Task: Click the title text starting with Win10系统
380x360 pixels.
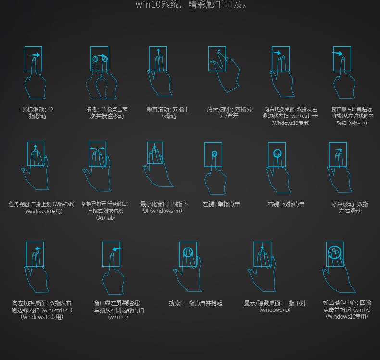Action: tap(191, 5)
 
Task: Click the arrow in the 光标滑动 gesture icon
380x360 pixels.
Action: tap(35, 55)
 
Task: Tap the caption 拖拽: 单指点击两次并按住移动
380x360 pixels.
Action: tap(107, 113)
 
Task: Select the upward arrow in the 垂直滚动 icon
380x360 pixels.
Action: tap(158, 52)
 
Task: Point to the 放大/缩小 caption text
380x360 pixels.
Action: tap(229, 112)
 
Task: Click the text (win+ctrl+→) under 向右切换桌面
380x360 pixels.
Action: tap(304, 116)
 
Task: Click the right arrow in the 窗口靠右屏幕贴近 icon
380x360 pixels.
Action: tap(337, 53)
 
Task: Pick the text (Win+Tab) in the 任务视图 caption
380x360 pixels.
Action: tap(63, 204)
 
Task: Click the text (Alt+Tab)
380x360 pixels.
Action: tap(105, 218)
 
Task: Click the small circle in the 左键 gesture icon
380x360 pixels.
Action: tap(214, 154)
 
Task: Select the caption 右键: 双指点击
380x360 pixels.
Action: tap(286, 204)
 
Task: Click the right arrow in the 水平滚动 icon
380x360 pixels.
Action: tap(339, 150)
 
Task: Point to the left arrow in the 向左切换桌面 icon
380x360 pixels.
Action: tap(40, 248)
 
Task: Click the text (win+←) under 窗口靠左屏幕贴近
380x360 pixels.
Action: tap(118, 317)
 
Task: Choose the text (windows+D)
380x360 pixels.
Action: tap(275, 310)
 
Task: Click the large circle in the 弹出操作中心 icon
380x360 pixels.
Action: tap(334, 246)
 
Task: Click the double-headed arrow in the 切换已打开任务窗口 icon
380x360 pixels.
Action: tap(98, 149)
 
